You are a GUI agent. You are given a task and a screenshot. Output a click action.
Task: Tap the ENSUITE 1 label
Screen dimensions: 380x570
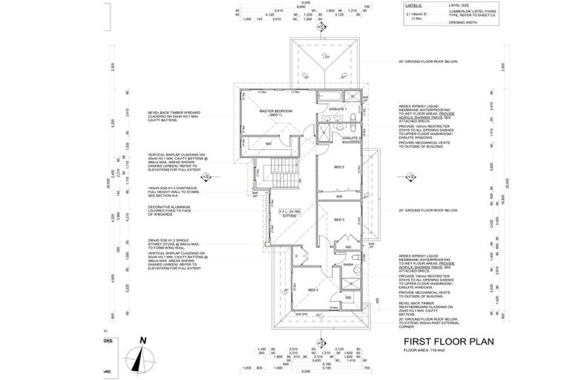pyautogui.click(x=338, y=109)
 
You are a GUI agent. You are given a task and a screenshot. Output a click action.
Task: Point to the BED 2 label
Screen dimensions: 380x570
pyautogui.click(x=338, y=168)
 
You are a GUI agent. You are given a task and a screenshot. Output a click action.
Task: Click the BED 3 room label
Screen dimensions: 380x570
pyautogui.click(x=338, y=220)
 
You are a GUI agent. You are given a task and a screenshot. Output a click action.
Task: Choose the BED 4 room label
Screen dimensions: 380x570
pyautogui.click(x=312, y=289)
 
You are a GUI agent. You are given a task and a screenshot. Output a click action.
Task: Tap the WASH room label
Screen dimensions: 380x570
pyautogui.click(x=348, y=264)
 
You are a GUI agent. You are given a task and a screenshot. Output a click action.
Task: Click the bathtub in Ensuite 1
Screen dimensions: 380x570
pyautogui.click(x=330, y=96)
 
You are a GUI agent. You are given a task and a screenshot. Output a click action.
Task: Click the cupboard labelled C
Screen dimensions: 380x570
pyautogui.click(x=295, y=257)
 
